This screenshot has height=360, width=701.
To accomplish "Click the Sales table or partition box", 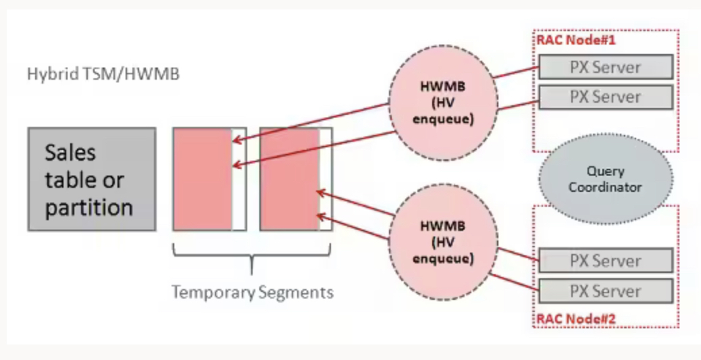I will (91, 179).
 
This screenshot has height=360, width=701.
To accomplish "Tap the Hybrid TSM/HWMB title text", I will (103, 74).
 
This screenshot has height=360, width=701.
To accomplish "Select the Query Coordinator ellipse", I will (604, 179).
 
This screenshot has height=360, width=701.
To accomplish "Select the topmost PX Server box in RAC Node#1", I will (605, 67).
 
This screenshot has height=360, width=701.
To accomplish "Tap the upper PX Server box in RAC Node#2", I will (605, 261).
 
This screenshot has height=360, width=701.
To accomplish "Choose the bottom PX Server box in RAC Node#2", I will (605, 291).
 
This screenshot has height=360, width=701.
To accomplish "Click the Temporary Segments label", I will (252, 293).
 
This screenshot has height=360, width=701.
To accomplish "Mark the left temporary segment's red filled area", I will (203, 179).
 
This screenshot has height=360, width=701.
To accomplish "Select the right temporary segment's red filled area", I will (289, 179).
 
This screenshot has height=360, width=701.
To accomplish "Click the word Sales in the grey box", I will (70, 153).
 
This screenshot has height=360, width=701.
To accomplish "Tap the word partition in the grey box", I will (88, 207).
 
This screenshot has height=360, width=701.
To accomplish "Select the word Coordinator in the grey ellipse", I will (604, 187).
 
